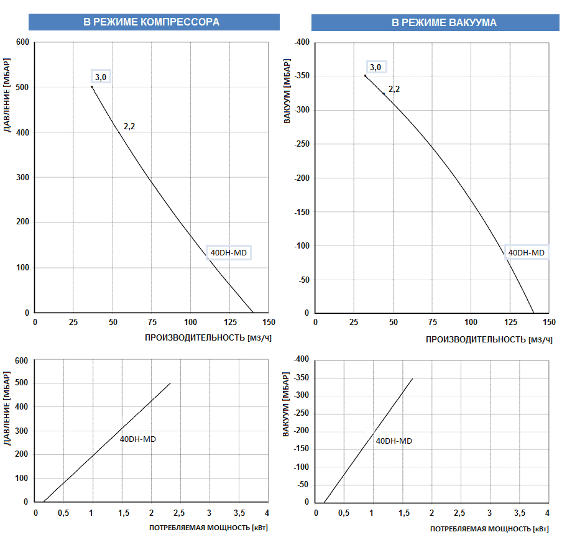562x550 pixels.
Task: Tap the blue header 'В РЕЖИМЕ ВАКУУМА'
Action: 435,22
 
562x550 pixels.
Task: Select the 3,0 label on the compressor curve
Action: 101,77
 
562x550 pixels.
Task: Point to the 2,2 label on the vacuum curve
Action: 394,89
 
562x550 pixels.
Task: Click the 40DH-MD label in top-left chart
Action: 229,253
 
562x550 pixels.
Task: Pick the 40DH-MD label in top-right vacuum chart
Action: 526,252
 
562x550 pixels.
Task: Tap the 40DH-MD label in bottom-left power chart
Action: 137,439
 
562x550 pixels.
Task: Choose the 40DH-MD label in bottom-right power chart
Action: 394,441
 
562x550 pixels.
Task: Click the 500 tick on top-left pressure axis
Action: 23,88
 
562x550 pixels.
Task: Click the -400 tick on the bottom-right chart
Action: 301,360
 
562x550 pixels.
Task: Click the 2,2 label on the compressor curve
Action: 129,126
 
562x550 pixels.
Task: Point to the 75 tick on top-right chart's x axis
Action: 432,323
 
